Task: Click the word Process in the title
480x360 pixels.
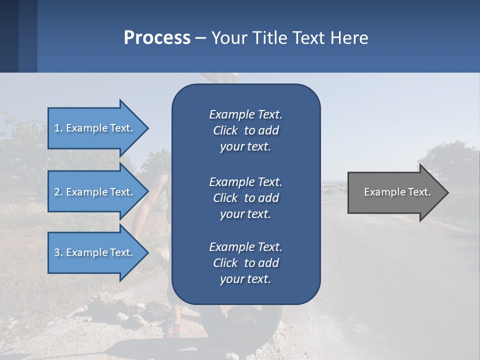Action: coord(157,38)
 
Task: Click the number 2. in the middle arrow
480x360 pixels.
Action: coord(58,192)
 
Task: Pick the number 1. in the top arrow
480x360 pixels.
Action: coord(58,128)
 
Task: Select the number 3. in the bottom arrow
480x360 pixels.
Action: coord(58,252)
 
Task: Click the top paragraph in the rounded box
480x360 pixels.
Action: coord(246,130)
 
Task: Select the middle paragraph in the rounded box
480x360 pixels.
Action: coord(246,198)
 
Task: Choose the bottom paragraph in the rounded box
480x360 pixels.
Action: coord(246,263)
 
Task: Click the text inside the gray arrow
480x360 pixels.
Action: coord(397,192)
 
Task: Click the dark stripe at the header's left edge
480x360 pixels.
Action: coord(9,36)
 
